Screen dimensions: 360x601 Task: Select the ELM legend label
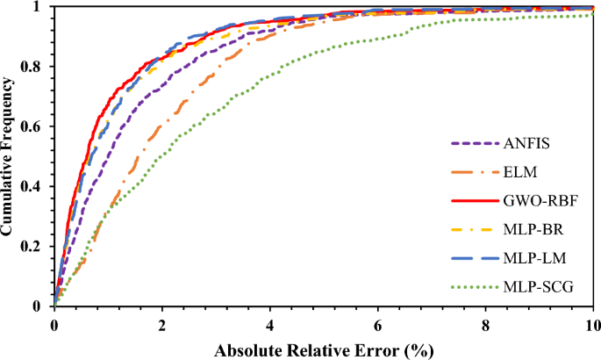click(515, 172)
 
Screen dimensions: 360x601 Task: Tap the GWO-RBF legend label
click(531, 201)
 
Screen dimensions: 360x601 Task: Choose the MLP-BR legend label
click(526, 230)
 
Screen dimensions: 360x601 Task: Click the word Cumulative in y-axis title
click(10, 194)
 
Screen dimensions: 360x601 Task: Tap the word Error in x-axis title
click(380, 349)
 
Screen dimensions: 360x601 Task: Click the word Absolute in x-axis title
click(250, 349)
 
